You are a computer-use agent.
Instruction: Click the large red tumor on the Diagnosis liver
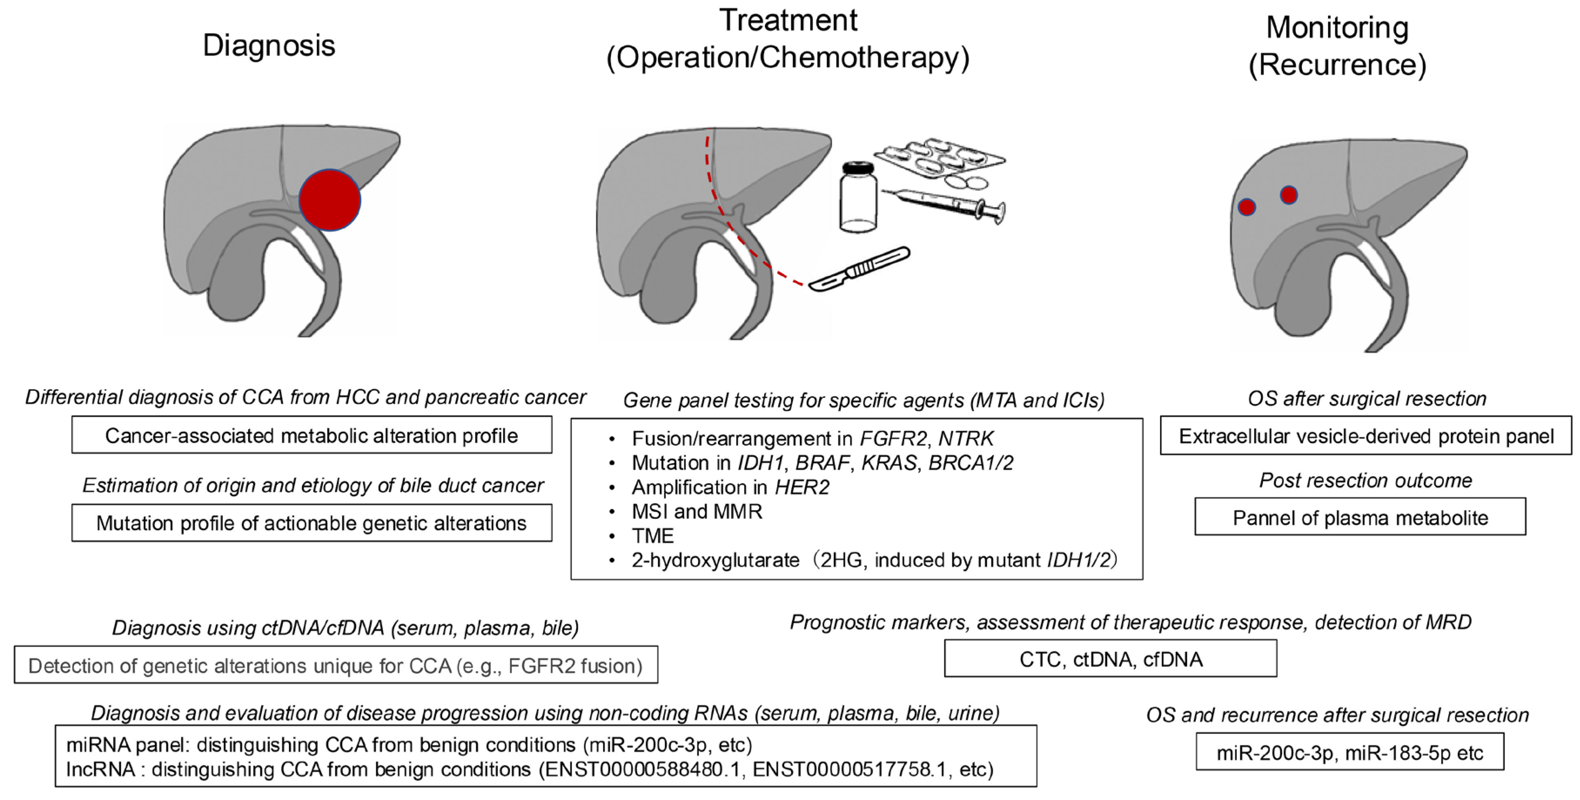[x=330, y=200]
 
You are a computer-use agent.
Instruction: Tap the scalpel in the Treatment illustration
[x=859, y=269]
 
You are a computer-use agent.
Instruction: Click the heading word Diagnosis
[x=268, y=45]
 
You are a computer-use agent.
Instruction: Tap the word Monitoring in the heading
[x=1337, y=27]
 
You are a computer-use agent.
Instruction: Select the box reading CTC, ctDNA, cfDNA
[x=1110, y=659]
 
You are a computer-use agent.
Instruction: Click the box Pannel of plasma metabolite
[x=1360, y=517]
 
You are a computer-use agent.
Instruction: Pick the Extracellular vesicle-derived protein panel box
[x=1366, y=436]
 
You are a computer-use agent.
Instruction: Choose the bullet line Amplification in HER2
[x=730, y=487]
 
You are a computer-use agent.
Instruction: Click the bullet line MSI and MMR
[x=697, y=511]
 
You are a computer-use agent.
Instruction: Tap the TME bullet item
[x=653, y=536]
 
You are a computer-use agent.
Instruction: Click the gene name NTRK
[x=966, y=439]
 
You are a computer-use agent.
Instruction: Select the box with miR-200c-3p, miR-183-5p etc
[x=1349, y=752]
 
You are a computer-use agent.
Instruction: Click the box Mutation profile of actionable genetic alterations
[x=312, y=523]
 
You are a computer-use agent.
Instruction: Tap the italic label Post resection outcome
[x=1365, y=481]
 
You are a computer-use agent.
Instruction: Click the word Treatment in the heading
[x=788, y=20]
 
